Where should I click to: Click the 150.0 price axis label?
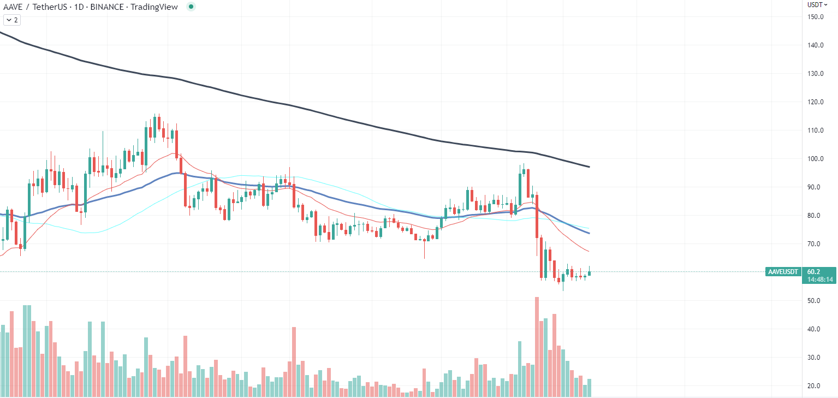coord(816,17)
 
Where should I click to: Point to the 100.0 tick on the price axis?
coord(816,159)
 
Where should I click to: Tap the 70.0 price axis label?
coord(816,244)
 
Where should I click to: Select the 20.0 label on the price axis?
coord(816,386)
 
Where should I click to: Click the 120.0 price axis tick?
coord(816,102)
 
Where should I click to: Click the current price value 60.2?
coord(813,271)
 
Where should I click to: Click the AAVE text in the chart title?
coord(13,7)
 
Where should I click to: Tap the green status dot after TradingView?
coord(191,7)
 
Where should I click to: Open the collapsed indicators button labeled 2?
coord(11,20)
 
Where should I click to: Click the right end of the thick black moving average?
coord(589,166)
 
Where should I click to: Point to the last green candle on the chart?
coord(590,272)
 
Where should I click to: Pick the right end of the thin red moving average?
coord(588,251)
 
